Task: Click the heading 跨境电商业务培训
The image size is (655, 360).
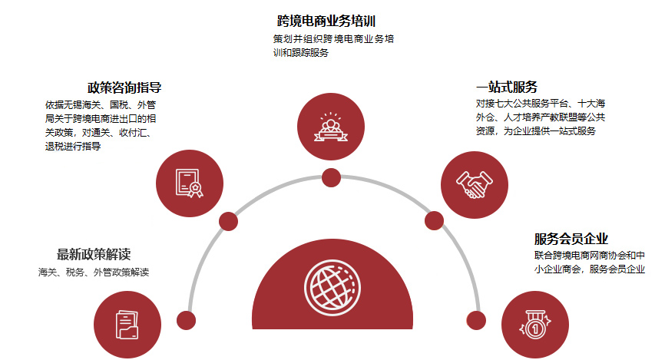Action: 326,21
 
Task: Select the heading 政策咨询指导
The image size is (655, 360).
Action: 124,88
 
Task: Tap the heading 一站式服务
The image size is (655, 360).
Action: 507,87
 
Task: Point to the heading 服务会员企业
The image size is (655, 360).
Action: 571,239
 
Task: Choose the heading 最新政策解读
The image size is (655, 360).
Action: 94,254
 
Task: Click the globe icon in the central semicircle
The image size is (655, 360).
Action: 332,288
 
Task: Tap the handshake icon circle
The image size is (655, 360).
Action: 475,185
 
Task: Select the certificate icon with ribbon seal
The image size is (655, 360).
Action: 189,183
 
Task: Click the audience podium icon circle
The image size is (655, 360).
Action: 331,127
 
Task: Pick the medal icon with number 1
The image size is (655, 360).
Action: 535,324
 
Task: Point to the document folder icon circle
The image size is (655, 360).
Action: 127,325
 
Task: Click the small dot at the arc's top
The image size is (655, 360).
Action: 331,177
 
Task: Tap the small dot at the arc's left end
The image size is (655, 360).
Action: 187,321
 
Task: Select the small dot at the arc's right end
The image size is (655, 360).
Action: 476,320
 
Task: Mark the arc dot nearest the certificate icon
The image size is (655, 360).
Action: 229,221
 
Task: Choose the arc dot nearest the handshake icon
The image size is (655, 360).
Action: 435,220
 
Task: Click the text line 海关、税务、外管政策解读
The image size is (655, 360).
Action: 94,272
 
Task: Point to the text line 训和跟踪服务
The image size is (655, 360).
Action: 301,53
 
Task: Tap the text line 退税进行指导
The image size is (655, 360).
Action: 73,146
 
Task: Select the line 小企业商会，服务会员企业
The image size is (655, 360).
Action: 590,269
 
